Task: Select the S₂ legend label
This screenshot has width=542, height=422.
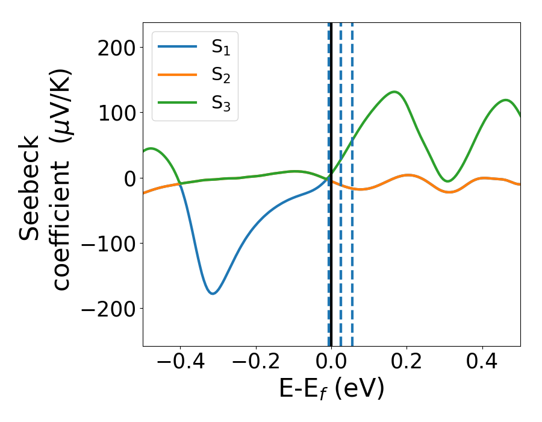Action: [x=220, y=76]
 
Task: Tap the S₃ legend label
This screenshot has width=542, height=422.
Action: [x=220, y=103]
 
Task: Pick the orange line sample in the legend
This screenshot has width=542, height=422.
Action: [x=177, y=75]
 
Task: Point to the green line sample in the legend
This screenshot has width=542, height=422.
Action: [x=177, y=102]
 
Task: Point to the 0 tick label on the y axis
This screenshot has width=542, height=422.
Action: [x=129, y=178]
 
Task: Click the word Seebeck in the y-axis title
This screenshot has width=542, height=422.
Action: [x=31, y=189]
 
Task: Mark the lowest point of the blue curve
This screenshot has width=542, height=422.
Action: [x=213, y=294]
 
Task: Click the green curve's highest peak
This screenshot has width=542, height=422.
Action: [x=394, y=92]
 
